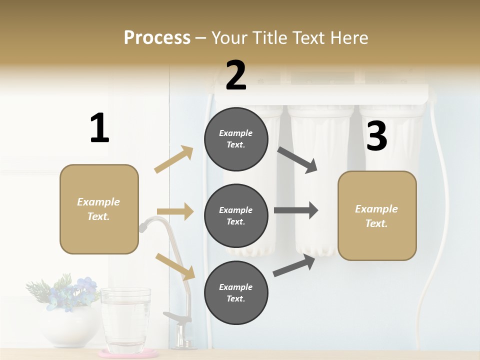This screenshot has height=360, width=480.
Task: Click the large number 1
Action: [99, 128]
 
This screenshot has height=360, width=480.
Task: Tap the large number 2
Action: [236, 76]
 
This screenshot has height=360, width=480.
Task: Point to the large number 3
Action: [376, 136]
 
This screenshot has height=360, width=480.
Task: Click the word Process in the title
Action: [157, 37]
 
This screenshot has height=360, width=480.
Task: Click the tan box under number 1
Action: [99, 209]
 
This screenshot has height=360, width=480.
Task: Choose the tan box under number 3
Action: [377, 215]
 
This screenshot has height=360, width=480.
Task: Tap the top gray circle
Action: [236, 139]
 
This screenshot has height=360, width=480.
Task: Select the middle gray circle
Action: [236, 215]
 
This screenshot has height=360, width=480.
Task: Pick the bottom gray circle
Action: [236, 292]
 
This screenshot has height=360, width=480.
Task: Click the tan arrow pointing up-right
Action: [174, 159]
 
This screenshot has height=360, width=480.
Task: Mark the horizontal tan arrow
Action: [175, 211]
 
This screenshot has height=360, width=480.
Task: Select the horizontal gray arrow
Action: [296, 210]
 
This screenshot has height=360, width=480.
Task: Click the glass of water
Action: [125, 320]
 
